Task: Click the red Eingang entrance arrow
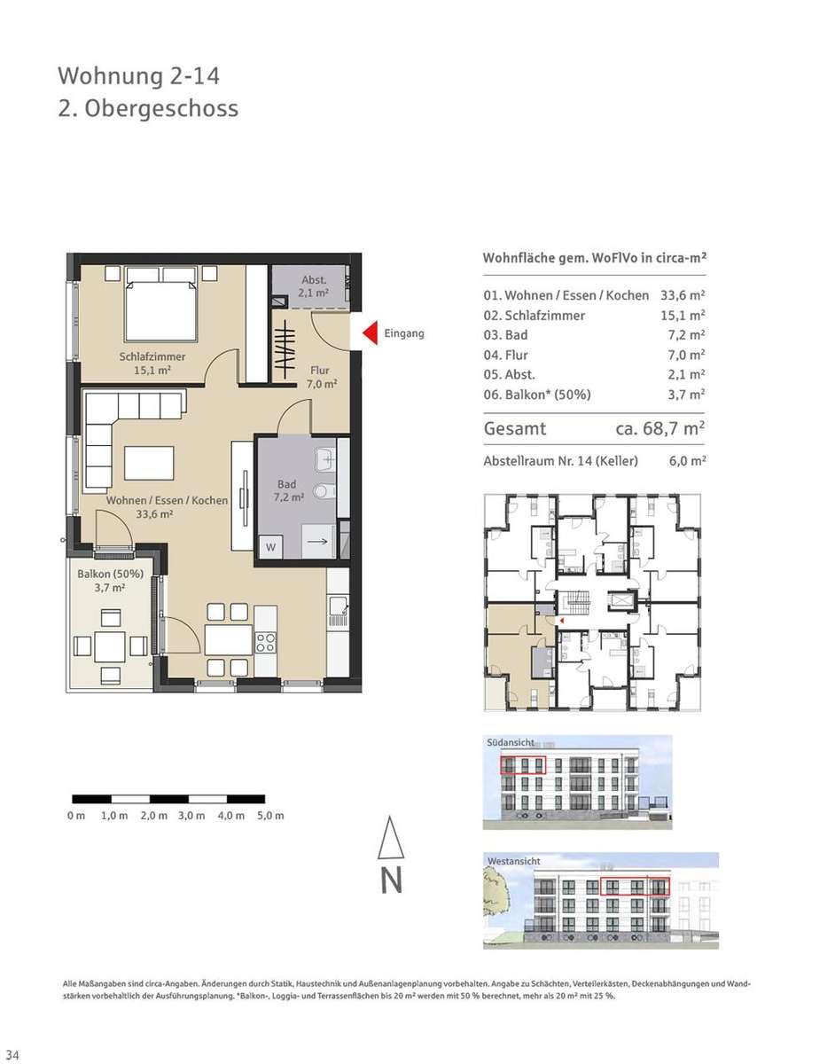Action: pos(371,333)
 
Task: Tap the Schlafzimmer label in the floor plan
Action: pos(152,356)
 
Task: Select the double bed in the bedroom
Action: pos(161,304)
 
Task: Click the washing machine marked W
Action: pos(270,547)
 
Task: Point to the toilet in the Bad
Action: pos(324,491)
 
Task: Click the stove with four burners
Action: pos(266,643)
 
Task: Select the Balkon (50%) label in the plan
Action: pos(111,574)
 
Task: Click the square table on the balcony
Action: pos(110,646)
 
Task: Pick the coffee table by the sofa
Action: pos(149,463)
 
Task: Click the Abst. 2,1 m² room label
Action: pos(314,286)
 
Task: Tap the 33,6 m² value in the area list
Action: pos(683,295)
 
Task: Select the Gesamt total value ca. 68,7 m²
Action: pos(659,429)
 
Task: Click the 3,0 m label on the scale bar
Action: pos(191,816)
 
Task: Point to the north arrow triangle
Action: pos(391,837)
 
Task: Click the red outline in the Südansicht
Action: pos(523,765)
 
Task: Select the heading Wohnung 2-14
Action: pos(139,76)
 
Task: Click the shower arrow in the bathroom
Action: pos(317,542)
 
